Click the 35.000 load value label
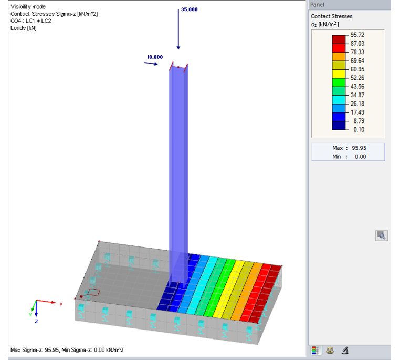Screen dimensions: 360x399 click(189, 9)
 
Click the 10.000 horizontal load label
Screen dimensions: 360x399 click(155, 57)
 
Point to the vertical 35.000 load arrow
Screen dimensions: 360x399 click(178, 32)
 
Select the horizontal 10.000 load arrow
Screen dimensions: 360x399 click(151, 64)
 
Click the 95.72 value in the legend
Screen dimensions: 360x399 click(358, 35)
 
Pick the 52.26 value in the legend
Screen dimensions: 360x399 click(358, 78)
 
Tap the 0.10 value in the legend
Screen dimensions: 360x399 click(358, 129)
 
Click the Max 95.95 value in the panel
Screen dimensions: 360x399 click(359, 148)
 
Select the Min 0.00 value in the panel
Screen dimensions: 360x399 click(360, 157)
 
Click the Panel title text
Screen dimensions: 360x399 click(318, 4)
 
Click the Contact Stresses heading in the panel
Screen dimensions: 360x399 click(331, 16)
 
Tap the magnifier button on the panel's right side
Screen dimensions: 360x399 click(382, 236)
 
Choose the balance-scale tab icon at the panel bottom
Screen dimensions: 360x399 click(330, 351)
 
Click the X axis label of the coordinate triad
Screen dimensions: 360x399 click(61, 304)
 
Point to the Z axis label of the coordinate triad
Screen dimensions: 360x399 click(36, 320)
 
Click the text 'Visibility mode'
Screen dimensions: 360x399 click(28, 7)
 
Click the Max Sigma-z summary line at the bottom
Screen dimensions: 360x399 click(67, 350)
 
